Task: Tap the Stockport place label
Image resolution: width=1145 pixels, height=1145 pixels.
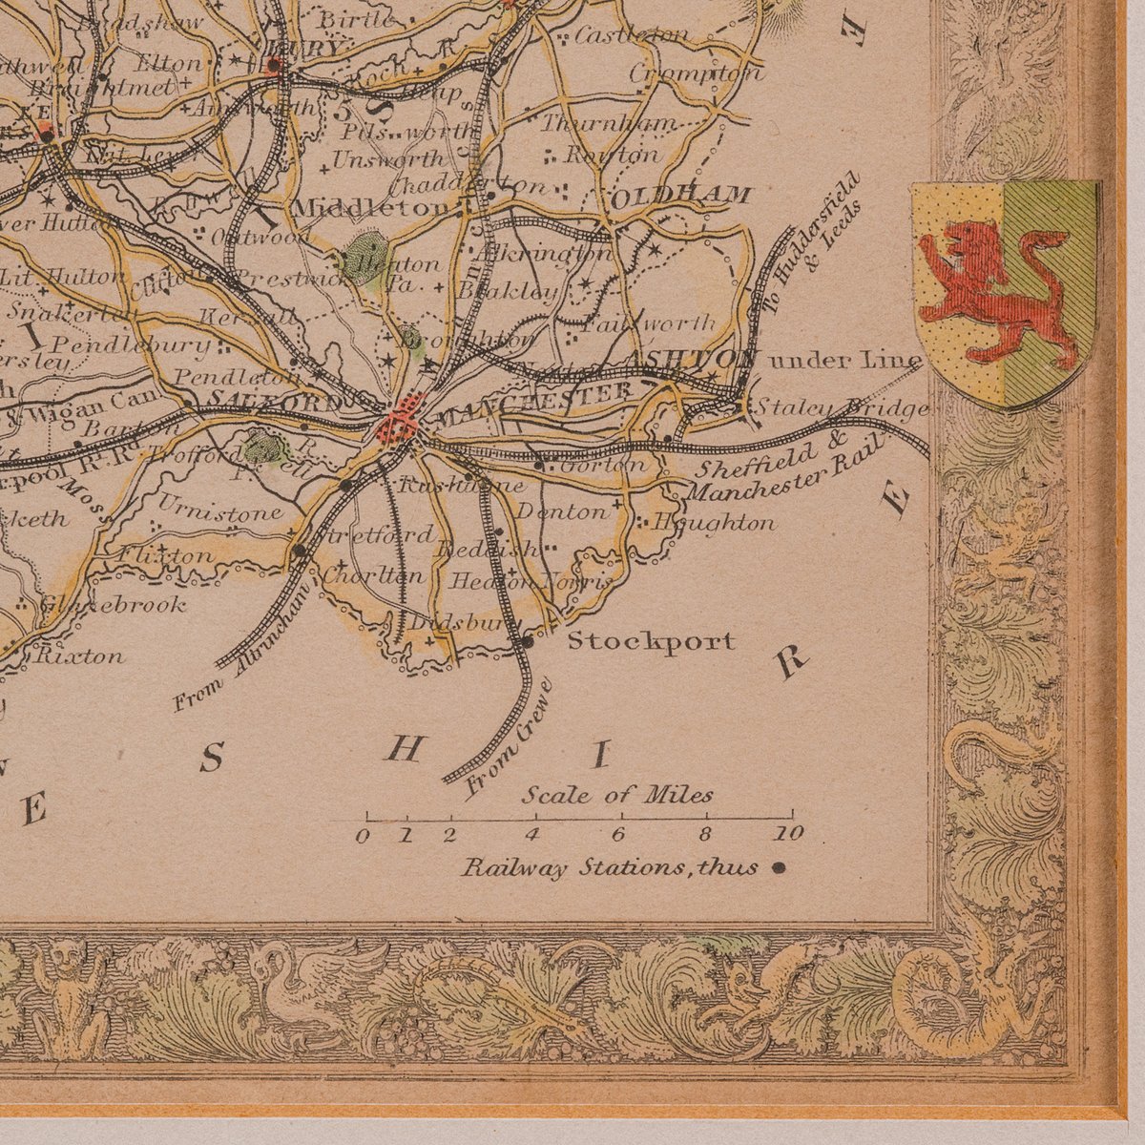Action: [x=651, y=641]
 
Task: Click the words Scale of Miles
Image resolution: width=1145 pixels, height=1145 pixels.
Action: [x=616, y=795]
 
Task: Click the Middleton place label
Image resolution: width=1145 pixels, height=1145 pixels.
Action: [x=371, y=207]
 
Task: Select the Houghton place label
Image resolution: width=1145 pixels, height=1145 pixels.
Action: [x=713, y=523]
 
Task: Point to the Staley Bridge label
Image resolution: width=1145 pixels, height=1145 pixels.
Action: [x=842, y=408]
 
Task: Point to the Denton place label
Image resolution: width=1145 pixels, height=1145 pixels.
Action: [x=561, y=511]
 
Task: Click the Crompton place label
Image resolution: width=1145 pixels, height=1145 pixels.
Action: [x=697, y=73]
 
